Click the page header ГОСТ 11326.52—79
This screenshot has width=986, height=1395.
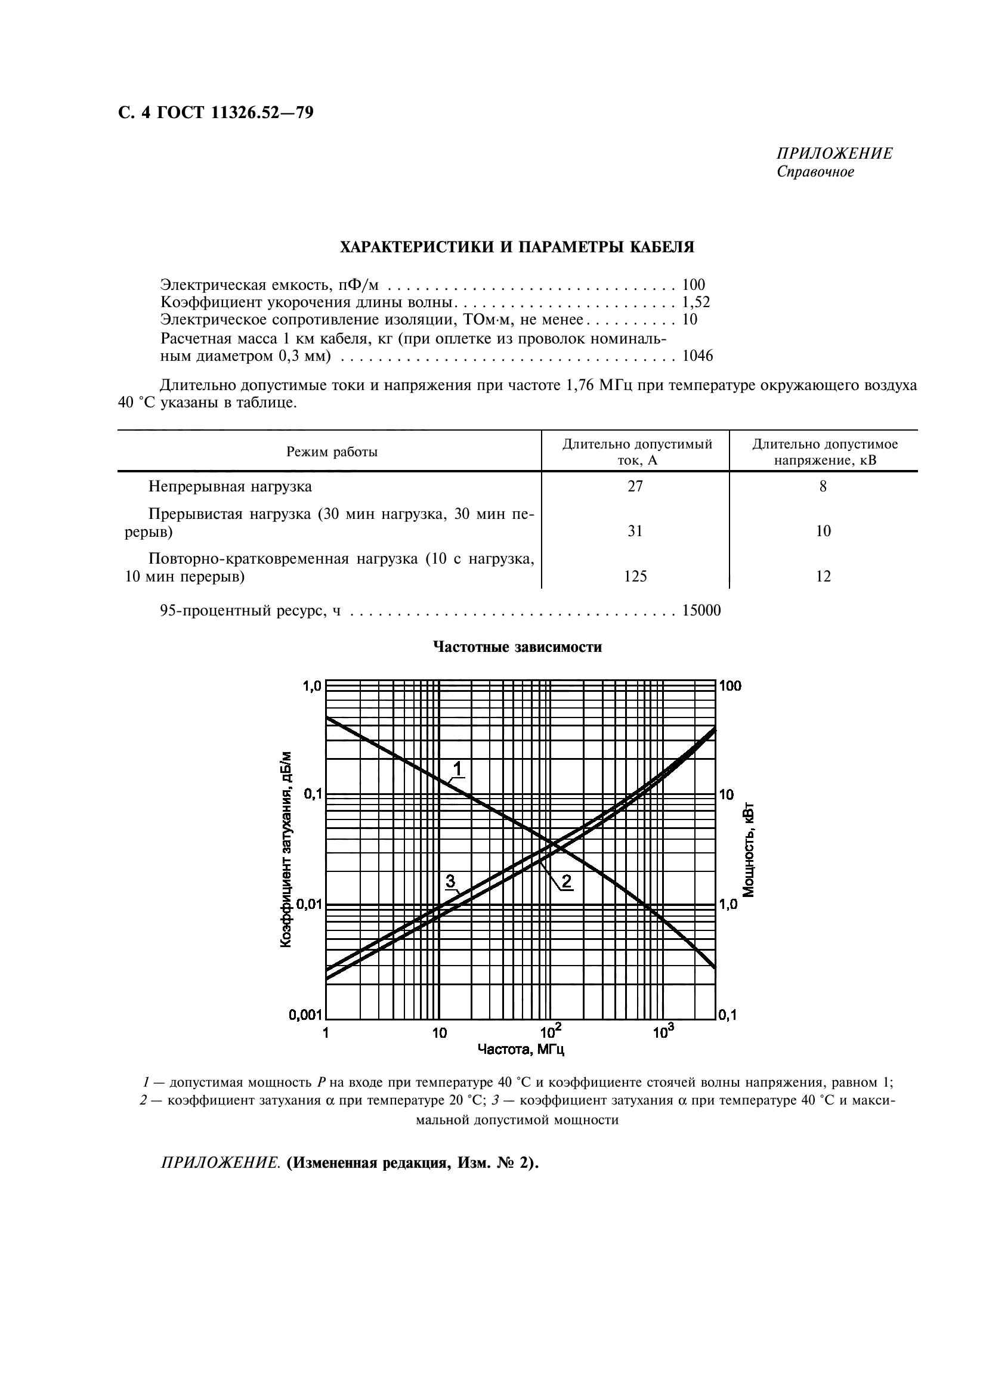(x=216, y=113)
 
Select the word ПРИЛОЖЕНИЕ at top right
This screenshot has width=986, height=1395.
(x=834, y=153)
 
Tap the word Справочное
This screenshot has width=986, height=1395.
(x=815, y=172)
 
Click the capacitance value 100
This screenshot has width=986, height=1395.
(x=693, y=284)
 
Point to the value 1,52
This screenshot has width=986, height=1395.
(x=696, y=302)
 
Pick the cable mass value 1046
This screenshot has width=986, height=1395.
(x=697, y=356)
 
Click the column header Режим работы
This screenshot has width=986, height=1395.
(x=332, y=451)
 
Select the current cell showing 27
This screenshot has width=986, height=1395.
(x=635, y=486)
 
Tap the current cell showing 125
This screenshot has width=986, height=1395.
(x=635, y=576)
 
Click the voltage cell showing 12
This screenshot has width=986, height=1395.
(x=823, y=576)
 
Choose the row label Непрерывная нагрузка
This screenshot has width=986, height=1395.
(x=230, y=486)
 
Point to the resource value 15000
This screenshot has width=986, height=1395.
(x=701, y=610)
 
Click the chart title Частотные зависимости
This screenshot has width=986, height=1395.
(x=517, y=647)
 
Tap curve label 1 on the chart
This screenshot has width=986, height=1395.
(x=458, y=769)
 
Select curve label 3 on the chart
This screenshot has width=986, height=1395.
(x=450, y=880)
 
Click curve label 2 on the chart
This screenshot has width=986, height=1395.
(x=566, y=880)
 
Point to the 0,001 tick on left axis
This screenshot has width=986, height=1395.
(x=304, y=1014)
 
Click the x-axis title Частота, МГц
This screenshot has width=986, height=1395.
(x=521, y=1049)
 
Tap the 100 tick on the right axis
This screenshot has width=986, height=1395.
(x=730, y=685)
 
